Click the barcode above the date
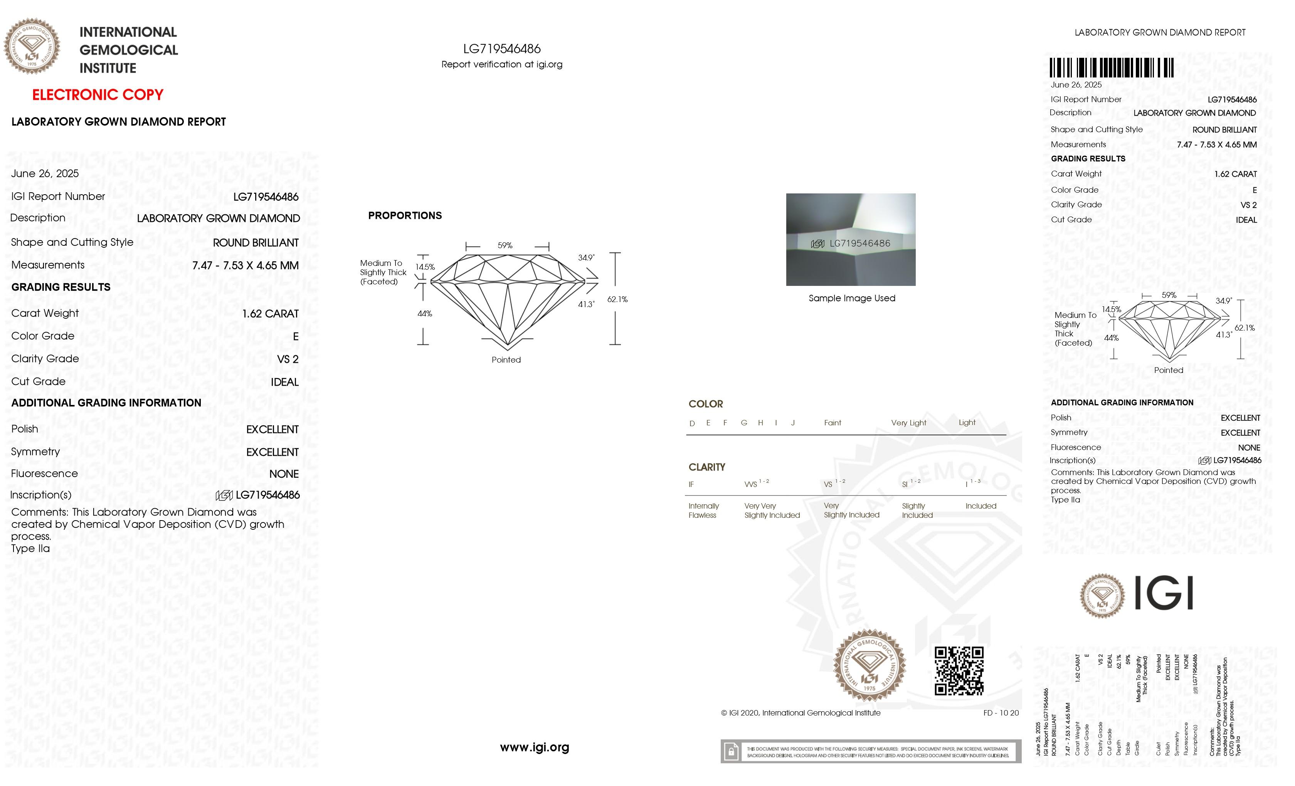tap(1111, 68)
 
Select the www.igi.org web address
tap(535, 747)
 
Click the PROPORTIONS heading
tap(405, 215)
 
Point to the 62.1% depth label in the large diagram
tap(617, 299)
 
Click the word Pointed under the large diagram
tap(506, 360)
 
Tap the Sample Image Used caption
tap(852, 299)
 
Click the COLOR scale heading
tap(705, 404)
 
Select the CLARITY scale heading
tap(706, 467)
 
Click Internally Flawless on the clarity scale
tap(703, 511)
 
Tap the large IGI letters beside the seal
tap(1164, 593)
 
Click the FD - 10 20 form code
tap(1001, 713)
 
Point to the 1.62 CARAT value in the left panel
tap(270, 314)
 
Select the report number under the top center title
tap(502, 49)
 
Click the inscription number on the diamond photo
tap(859, 243)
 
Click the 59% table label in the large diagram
tap(505, 245)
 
